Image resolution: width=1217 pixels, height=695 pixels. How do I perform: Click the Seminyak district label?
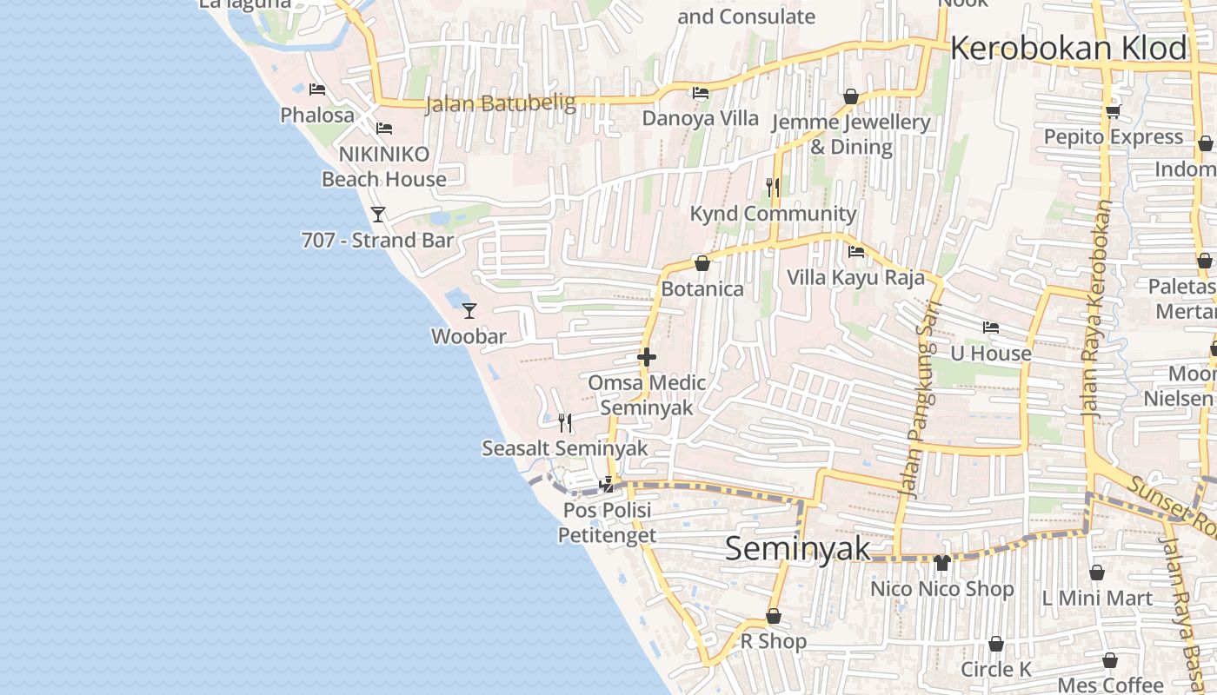pos(797,548)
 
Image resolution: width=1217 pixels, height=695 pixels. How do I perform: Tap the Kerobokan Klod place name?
pos(1068,48)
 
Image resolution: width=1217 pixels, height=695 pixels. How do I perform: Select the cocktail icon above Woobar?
pos(469,310)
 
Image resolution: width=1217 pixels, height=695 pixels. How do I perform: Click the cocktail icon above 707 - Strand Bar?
pos(378,214)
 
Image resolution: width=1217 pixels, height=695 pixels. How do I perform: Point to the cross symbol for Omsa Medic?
pos(646,356)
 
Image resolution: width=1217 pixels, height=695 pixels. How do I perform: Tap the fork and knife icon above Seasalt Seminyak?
pos(565,423)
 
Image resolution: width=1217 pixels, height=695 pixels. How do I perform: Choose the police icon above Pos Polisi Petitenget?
pos(608,484)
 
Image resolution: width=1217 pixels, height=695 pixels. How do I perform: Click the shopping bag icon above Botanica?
pos(702,262)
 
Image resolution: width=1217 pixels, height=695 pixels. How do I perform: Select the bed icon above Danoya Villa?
pos(700,93)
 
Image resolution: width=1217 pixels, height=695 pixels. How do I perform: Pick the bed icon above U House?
pos(990,328)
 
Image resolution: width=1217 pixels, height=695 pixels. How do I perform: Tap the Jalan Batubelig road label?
pos(501,104)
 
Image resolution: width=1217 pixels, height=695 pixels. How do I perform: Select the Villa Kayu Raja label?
pos(855,277)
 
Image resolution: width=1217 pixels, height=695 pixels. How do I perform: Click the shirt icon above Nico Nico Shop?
pos(942,563)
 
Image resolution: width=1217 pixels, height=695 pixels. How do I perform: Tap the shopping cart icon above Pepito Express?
pos(1113,111)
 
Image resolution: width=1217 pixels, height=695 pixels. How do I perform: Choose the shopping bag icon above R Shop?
pos(773,616)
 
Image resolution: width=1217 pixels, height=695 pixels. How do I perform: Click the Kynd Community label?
pos(773,213)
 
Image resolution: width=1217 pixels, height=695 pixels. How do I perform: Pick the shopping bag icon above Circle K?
pos(996,644)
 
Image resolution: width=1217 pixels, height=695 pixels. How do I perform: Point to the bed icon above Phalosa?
pos(317,89)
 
